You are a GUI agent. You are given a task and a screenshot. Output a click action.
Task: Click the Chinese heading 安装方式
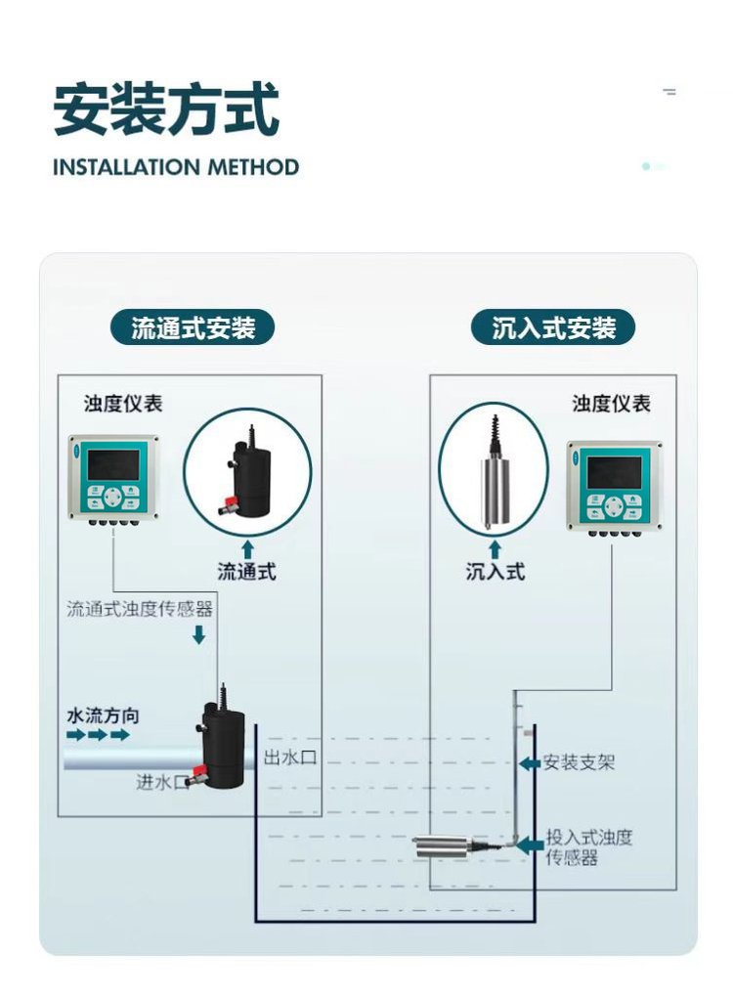(x=166, y=110)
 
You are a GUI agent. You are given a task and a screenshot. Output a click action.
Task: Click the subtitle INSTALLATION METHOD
(x=176, y=167)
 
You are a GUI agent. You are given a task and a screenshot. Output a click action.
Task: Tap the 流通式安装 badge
(x=194, y=328)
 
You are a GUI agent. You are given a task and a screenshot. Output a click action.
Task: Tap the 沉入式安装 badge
(x=553, y=328)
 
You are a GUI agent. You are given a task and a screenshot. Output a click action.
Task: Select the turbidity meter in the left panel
(x=112, y=476)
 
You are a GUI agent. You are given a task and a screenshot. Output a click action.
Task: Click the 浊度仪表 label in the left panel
(x=123, y=404)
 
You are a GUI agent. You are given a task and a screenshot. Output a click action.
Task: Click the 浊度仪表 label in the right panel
(x=611, y=404)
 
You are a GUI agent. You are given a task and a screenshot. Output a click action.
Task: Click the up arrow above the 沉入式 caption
(x=496, y=547)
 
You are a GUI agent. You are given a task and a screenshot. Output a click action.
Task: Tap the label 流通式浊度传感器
(x=140, y=610)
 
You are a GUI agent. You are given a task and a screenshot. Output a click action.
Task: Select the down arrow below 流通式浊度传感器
(x=198, y=635)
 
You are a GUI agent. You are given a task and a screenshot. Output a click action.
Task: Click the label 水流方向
(x=103, y=716)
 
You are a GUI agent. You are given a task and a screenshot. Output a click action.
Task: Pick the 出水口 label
(x=290, y=757)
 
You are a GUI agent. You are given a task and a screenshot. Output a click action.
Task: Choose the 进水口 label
(x=161, y=782)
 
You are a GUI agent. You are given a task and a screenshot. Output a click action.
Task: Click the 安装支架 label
(x=579, y=762)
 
